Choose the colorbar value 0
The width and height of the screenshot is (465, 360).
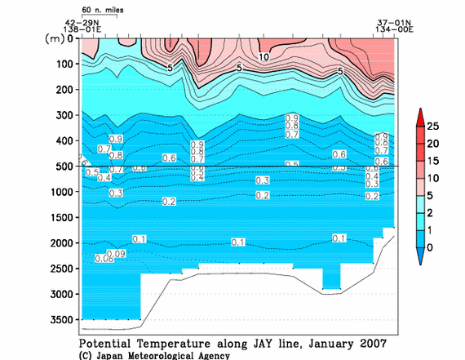(435, 247)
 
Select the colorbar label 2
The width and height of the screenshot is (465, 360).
(435, 212)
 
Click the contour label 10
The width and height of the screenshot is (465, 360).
(264, 57)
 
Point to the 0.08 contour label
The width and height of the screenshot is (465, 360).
(104, 259)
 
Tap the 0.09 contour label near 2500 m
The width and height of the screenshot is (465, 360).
(117, 254)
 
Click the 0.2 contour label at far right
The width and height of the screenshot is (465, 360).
(373, 197)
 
